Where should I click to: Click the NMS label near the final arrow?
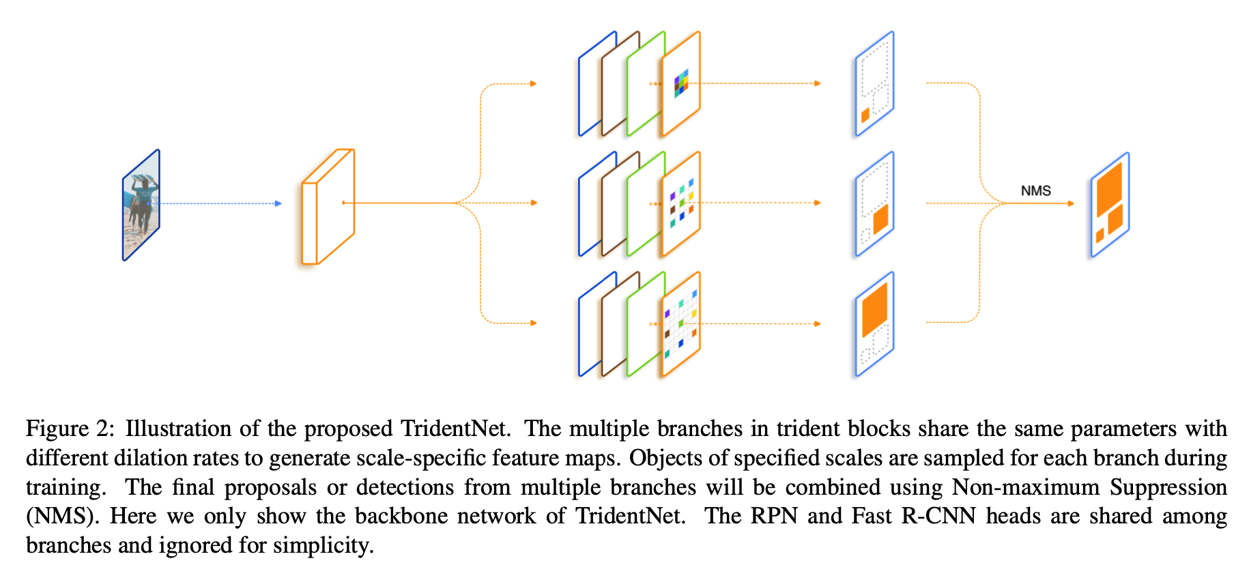[1035, 191]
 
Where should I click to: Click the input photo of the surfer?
[141, 205]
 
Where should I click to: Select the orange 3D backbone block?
[328, 206]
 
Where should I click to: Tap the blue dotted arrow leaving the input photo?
[218, 203]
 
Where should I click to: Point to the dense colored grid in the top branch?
[681, 83]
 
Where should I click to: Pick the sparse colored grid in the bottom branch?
[680, 323]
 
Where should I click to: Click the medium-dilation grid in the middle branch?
[681, 203]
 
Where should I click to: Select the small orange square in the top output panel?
[865, 115]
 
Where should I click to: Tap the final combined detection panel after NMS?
[1110, 205]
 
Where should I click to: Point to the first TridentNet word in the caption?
[455, 429]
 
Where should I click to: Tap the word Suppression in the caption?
[1168, 487]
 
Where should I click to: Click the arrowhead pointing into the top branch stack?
[534, 84]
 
